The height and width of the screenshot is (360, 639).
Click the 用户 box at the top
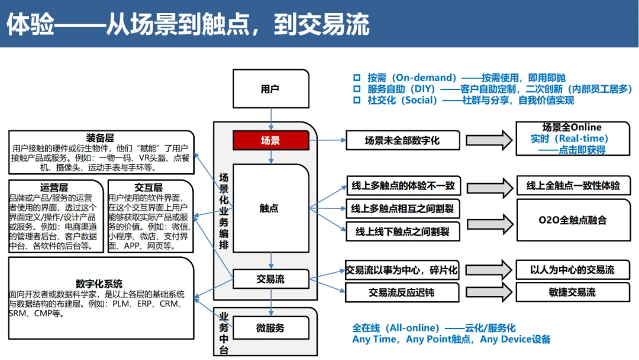click(270, 89)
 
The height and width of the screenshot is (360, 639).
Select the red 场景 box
click(270, 140)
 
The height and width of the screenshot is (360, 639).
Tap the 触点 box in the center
click(270, 208)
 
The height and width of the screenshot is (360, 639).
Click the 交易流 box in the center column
click(270, 279)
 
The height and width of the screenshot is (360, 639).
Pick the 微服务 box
click(270, 327)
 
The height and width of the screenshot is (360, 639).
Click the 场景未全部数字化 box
click(402, 140)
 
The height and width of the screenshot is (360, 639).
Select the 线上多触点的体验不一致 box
click(403, 186)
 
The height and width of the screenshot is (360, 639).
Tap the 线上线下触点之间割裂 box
click(402, 232)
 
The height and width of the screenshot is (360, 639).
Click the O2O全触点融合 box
click(573, 220)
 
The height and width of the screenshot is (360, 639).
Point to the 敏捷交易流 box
click(572, 292)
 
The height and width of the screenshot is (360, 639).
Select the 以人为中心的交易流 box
click(573, 270)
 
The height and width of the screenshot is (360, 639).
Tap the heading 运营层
click(54, 187)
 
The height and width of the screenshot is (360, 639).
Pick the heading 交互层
click(148, 187)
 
